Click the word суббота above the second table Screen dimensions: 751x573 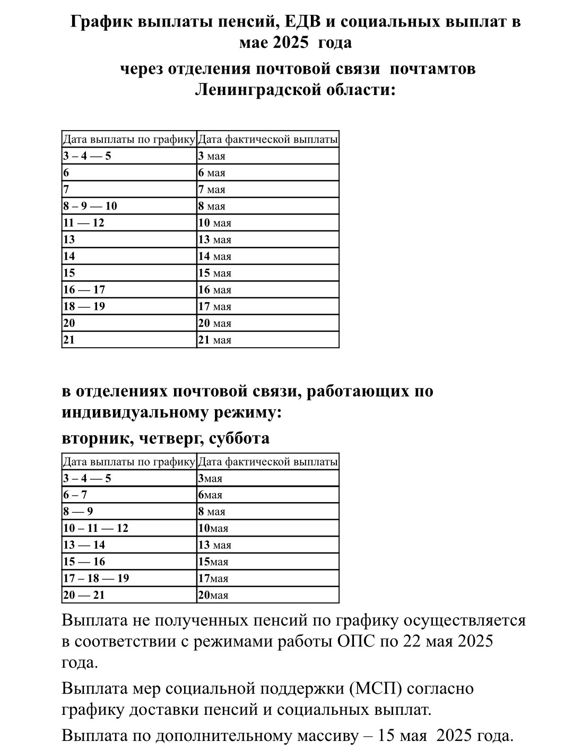pos(239,438)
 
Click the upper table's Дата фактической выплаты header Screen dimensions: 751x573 pos(267,140)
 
